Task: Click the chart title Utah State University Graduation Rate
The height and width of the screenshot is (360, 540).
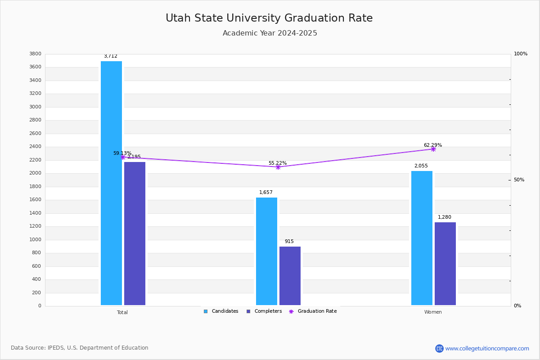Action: pyautogui.click(x=269, y=18)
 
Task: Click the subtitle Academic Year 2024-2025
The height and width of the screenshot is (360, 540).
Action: pyautogui.click(x=270, y=33)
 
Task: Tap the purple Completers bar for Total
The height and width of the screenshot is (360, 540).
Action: pyautogui.click(x=135, y=234)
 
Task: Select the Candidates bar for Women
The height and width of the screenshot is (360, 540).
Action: pyautogui.click(x=422, y=238)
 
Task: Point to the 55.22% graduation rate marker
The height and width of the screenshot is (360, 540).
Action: pyautogui.click(x=278, y=167)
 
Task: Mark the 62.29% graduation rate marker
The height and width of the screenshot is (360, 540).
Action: pyautogui.click(x=433, y=149)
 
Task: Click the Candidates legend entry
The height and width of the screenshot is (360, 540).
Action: pyautogui.click(x=221, y=311)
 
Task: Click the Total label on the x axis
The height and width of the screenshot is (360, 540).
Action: pyautogui.click(x=122, y=312)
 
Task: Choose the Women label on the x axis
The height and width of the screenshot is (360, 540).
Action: pyautogui.click(x=433, y=312)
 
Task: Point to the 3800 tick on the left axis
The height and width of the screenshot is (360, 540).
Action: pyautogui.click(x=35, y=54)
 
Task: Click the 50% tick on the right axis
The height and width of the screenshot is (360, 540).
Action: pyautogui.click(x=519, y=180)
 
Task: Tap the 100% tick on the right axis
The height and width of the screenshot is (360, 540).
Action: pyautogui.click(x=520, y=54)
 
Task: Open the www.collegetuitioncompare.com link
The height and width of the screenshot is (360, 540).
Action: pyautogui.click(x=487, y=348)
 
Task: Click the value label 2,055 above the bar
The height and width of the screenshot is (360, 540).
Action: pyautogui.click(x=421, y=166)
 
